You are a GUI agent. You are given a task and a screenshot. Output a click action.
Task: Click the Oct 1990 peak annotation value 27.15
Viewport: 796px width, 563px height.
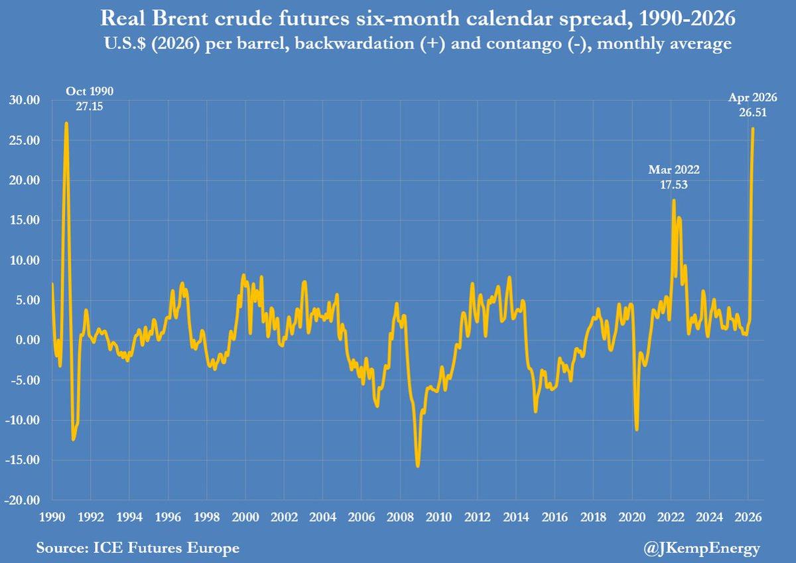click(85, 106)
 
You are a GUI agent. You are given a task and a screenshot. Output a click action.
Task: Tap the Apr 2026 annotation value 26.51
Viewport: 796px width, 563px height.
click(753, 112)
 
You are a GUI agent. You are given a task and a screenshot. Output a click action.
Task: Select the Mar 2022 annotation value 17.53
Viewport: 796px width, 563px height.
click(673, 185)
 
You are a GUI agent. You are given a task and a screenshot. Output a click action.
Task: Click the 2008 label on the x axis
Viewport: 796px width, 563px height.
click(399, 515)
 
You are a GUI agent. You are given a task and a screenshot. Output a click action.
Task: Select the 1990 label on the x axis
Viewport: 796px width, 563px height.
click(52, 515)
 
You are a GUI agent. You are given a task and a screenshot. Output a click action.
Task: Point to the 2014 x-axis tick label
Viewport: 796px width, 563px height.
click(515, 515)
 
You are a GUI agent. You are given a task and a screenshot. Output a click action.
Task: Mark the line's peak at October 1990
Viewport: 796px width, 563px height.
click(66, 123)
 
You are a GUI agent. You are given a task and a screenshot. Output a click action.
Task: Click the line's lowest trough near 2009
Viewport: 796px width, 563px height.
click(417, 466)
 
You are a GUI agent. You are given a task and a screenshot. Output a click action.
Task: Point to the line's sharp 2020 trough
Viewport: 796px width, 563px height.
click(637, 430)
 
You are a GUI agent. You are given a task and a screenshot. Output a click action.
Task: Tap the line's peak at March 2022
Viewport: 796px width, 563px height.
click(674, 200)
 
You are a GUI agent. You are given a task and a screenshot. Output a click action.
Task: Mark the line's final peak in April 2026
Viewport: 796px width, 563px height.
click(753, 128)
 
